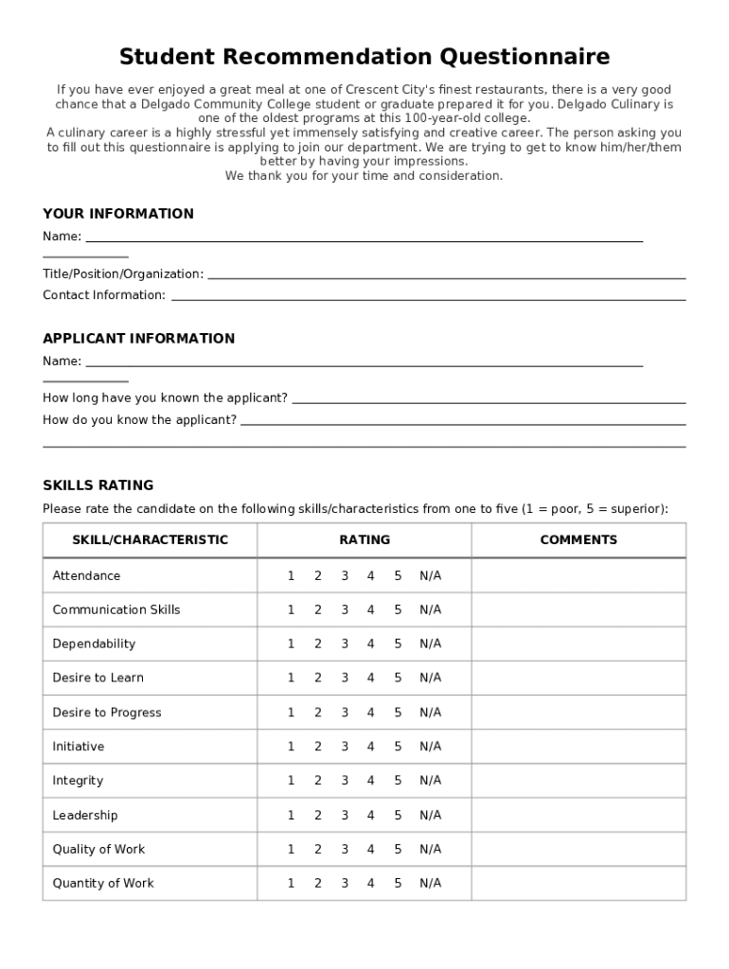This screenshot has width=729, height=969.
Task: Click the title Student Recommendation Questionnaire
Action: (x=364, y=57)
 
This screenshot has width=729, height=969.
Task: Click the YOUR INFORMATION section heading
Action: (x=118, y=214)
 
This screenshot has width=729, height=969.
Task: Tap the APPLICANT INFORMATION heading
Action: (x=138, y=339)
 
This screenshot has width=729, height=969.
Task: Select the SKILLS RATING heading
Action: (x=98, y=485)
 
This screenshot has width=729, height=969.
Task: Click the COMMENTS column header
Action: (x=578, y=540)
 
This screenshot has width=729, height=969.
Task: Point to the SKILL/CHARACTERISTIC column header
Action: (x=150, y=540)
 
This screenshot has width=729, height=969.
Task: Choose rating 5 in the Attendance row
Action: (x=398, y=575)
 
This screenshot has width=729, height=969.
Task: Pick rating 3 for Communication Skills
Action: (x=345, y=609)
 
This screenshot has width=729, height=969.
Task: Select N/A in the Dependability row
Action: (x=431, y=643)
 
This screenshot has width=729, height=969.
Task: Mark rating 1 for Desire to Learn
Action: (x=292, y=678)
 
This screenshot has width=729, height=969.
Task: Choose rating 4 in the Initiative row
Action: (x=371, y=747)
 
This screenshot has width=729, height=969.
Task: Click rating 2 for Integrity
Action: (x=318, y=781)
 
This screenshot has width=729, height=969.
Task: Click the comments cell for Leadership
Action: (x=578, y=815)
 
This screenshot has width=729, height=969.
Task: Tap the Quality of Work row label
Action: (x=99, y=849)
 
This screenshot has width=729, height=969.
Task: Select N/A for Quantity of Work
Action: (x=431, y=883)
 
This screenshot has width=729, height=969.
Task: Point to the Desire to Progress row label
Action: (x=107, y=713)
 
